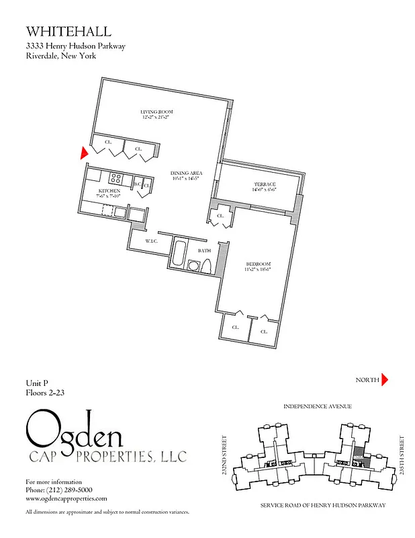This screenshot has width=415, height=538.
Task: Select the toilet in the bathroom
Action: coord(207,265)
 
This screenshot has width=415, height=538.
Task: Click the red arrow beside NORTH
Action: coord(385,380)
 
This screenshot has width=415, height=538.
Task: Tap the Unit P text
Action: coord(38,383)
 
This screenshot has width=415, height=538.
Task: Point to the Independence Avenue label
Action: coord(317,407)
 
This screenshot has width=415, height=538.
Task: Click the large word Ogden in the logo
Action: coord(75,432)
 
